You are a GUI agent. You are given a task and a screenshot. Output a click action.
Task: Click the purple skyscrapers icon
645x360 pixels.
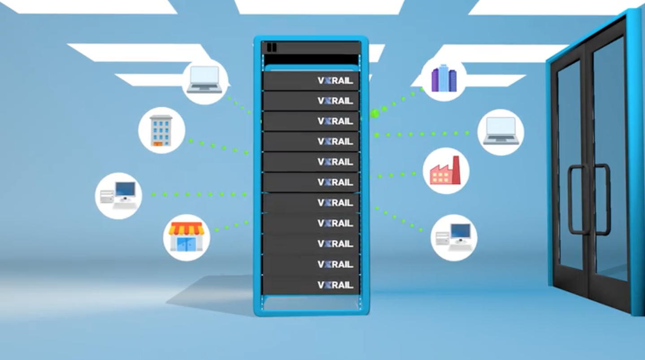coord(444,78)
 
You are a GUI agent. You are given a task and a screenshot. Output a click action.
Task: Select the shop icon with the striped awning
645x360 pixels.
coord(186,237)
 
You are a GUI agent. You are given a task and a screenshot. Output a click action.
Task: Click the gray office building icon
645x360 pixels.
coord(161,131)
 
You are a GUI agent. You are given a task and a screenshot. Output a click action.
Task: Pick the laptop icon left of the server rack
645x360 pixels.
coord(204,79)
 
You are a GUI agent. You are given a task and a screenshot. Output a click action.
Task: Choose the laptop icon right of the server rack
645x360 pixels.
coord(501,131)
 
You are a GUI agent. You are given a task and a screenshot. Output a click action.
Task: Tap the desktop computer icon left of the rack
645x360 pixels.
coord(118,195)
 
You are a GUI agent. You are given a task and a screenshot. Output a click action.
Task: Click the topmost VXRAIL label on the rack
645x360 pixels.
coord(335,81)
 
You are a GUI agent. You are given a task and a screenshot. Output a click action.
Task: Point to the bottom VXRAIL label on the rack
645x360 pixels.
coord(335,285)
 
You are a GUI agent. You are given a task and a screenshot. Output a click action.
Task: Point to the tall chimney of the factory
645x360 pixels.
coord(456,170)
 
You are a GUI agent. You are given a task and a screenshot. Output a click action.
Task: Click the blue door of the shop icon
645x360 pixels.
coord(186,245)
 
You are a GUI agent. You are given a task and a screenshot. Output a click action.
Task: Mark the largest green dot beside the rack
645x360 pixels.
coord(375,114)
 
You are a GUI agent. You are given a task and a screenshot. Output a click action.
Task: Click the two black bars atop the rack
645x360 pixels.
coord(271,47)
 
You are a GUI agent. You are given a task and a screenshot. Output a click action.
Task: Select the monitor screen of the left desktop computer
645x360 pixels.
coord(125,189)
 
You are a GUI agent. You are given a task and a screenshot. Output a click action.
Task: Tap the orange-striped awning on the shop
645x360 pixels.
coord(186,228)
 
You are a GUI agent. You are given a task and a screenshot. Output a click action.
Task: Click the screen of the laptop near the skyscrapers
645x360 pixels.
coord(501,127)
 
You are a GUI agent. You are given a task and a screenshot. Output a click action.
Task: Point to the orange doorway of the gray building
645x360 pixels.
coord(158,144)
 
